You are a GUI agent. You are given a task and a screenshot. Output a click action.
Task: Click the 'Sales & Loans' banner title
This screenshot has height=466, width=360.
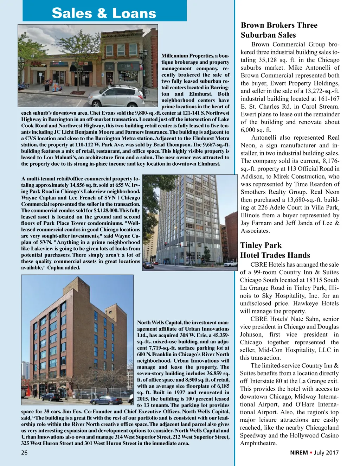click(104, 13)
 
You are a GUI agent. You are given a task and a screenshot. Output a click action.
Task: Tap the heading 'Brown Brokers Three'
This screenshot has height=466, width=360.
click(279, 25)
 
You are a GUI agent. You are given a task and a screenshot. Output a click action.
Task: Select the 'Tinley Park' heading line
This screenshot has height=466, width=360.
click(261, 245)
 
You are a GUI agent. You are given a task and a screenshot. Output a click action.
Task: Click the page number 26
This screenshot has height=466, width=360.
click(24, 453)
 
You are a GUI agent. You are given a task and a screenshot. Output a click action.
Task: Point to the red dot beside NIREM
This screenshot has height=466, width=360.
click(311, 453)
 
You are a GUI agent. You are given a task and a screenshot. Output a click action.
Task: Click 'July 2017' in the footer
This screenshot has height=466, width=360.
click(327, 453)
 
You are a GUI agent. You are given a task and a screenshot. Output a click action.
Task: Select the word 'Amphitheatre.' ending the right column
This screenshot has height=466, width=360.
click(258, 443)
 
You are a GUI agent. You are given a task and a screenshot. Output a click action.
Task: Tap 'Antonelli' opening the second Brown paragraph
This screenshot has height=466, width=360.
click(266, 138)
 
